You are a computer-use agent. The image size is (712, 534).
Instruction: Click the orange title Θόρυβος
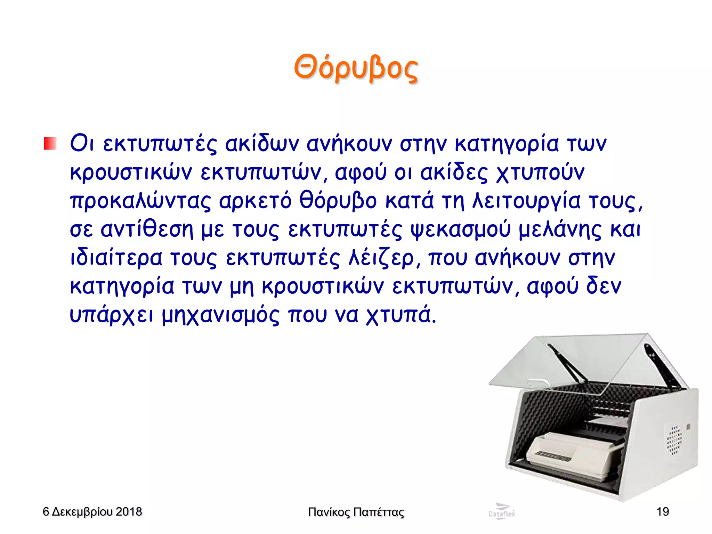click(x=356, y=68)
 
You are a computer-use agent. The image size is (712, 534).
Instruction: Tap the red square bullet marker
click(x=50, y=143)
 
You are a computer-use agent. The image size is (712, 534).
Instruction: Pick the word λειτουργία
click(x=526, y=201)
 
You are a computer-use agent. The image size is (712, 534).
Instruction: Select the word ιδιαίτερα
click(x=116, y=258)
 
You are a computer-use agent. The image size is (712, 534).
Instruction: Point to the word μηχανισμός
click(x=220, y=316)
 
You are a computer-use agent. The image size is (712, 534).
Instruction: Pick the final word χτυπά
click(x=400, y=316)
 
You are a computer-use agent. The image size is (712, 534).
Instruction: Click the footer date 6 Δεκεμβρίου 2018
click(x=92, y=512)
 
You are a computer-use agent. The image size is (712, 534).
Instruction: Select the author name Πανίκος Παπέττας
click(x=356, y=512)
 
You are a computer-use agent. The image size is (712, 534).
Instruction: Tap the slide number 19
click(x=663, y=512)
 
